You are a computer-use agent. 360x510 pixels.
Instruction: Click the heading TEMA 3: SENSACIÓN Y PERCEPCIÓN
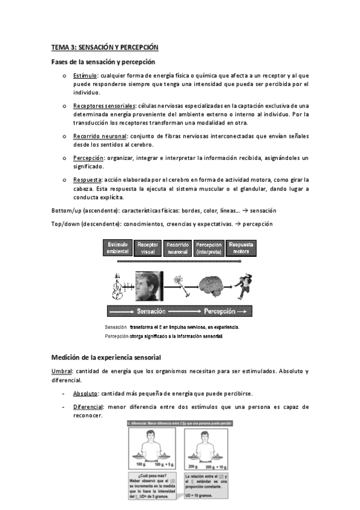[104, 47]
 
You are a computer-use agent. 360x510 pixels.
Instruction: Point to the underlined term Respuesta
[87, 180]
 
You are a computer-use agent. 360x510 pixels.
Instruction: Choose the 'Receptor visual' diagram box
[148, 248]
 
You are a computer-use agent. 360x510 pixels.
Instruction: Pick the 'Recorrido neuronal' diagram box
[178, 248]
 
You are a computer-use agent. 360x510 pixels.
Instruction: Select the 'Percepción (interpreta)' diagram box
[209, 248]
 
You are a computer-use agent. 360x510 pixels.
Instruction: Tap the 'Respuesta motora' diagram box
[240, 248]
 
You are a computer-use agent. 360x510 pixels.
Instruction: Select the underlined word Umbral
[62, 372]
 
